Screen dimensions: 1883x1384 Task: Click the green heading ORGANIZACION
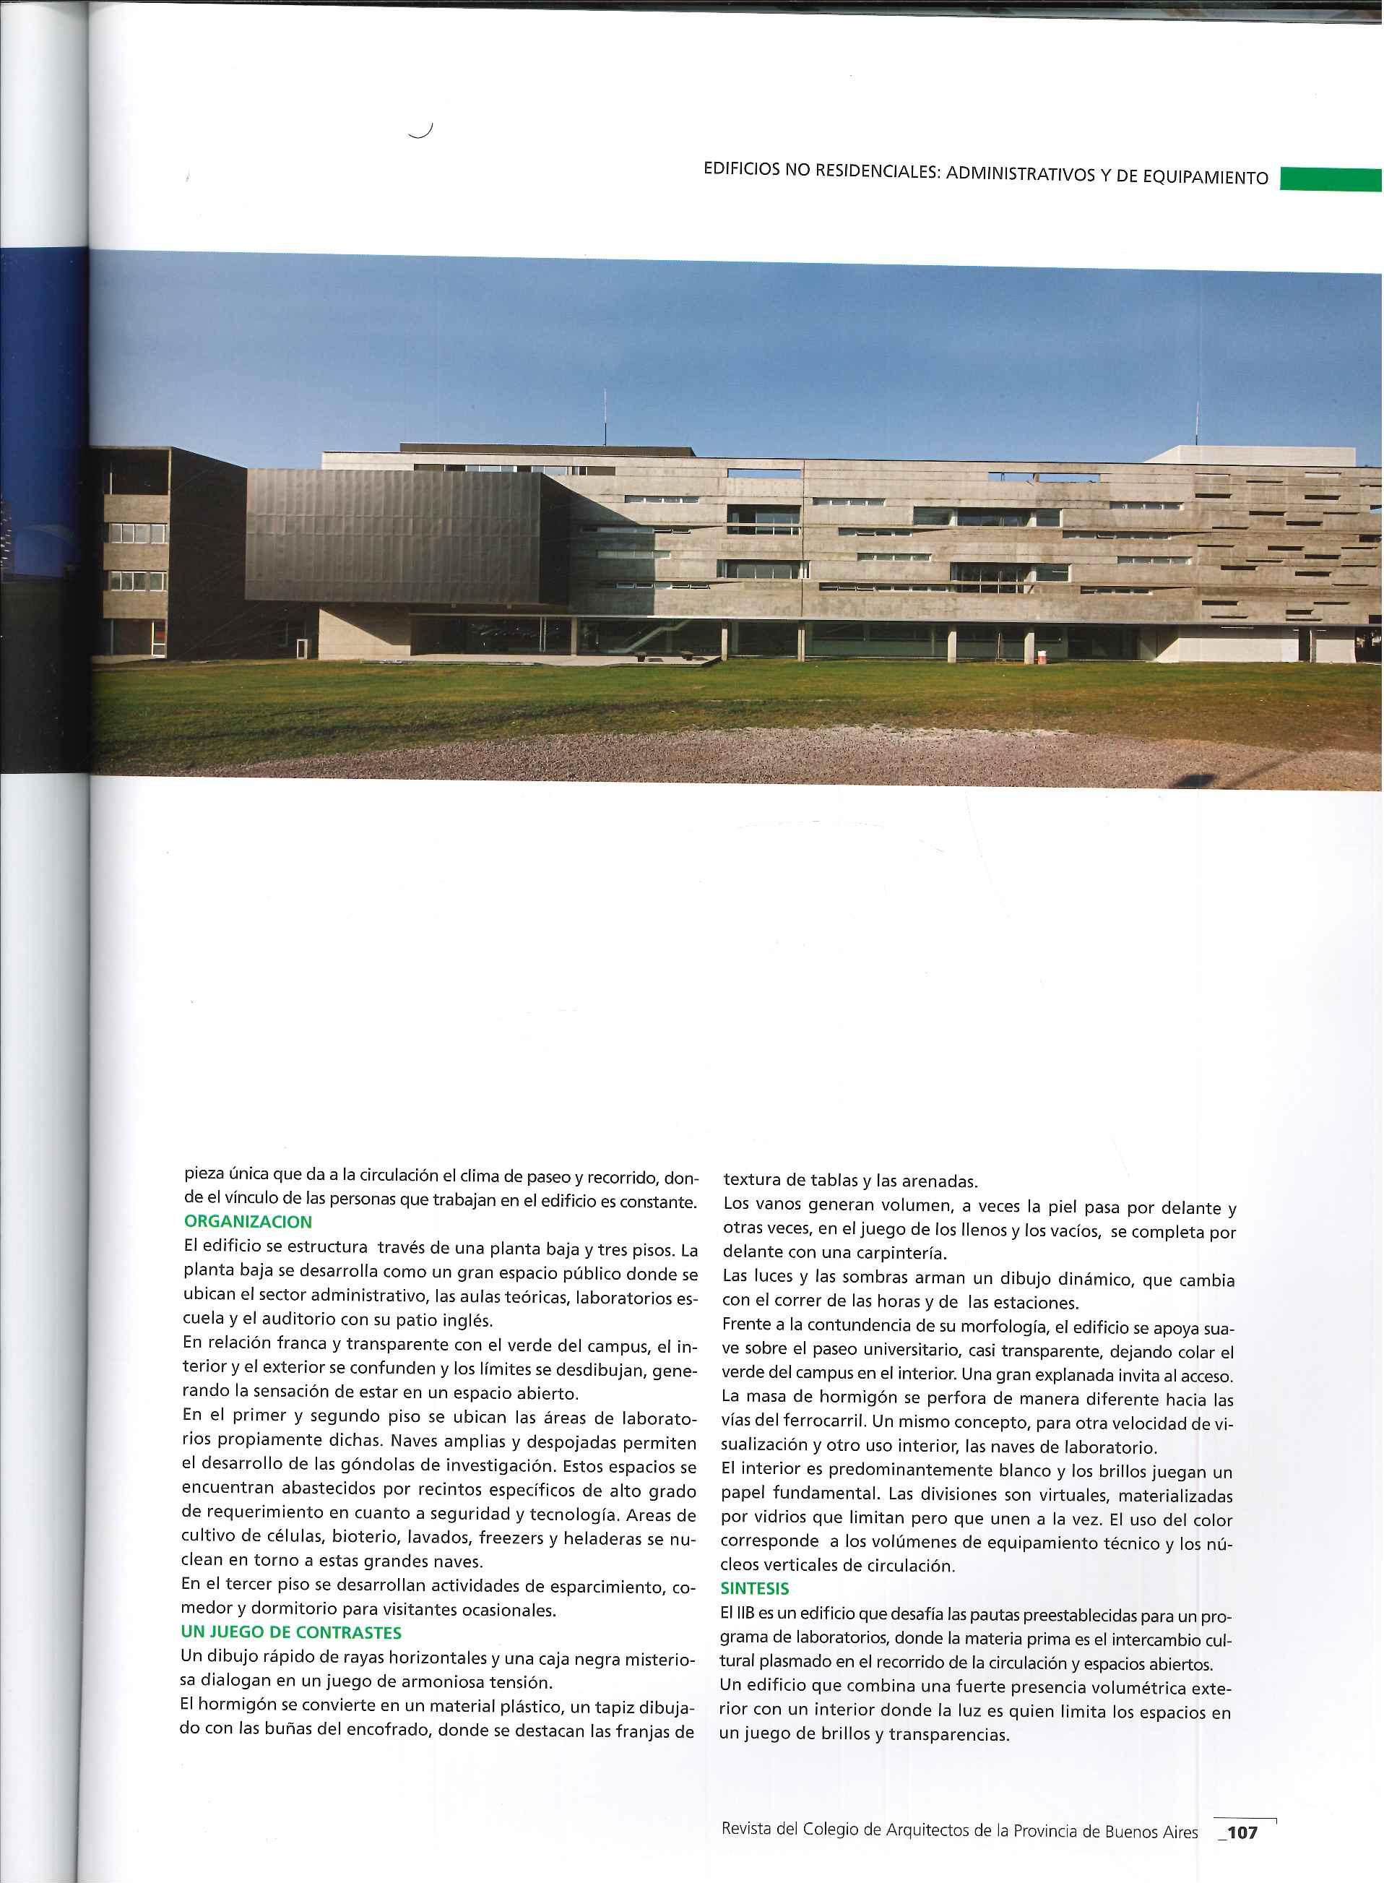click(x=248, y=1222)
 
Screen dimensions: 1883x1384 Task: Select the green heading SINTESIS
click(x=755, y=1587)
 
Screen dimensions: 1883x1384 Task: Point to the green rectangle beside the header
click(x=1331, y=180)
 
